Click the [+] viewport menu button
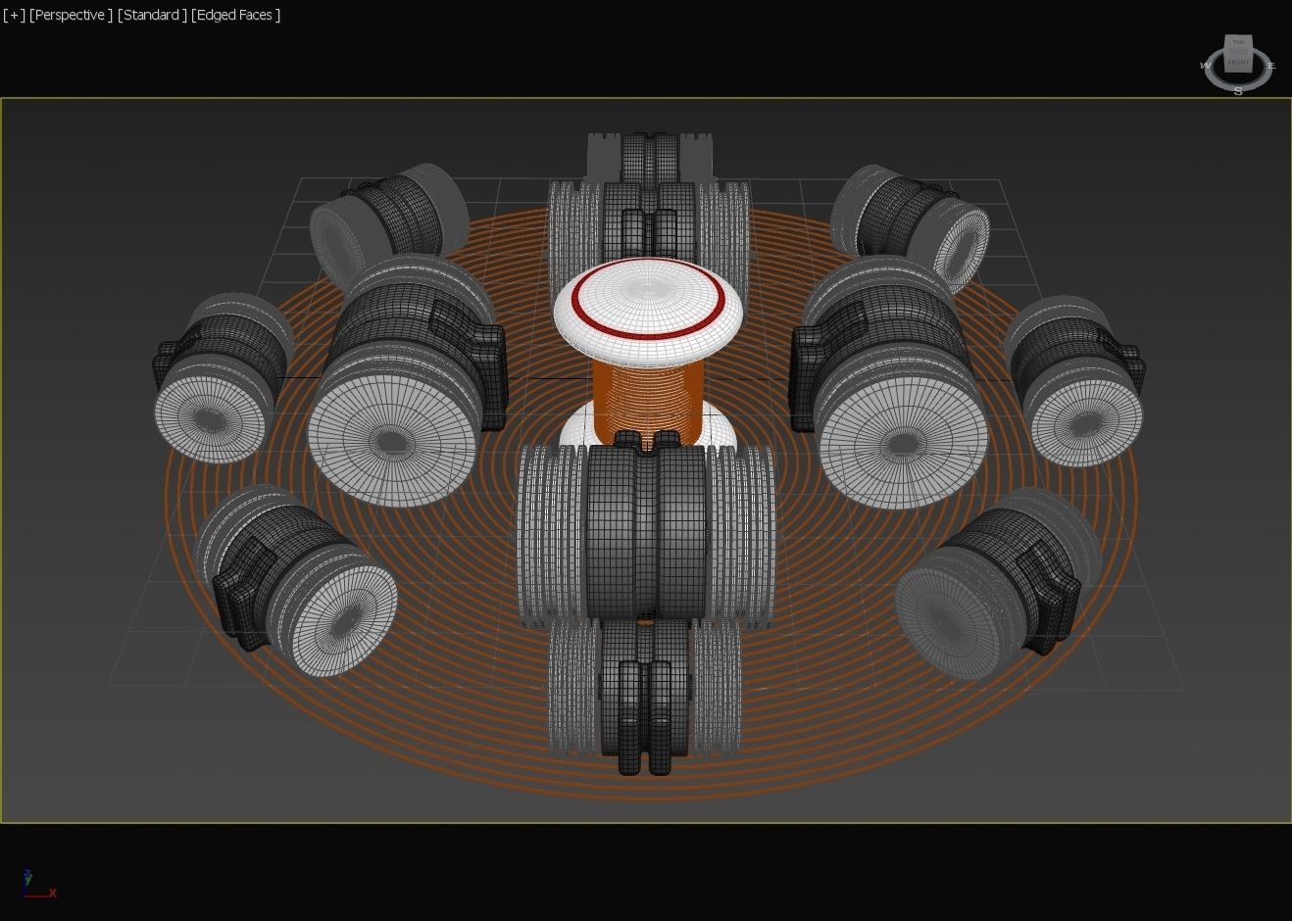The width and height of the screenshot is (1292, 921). (x=14, y=15)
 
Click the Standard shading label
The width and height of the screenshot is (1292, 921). (x=152, y=15)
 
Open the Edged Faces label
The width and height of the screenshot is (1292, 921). (x=236, y=15)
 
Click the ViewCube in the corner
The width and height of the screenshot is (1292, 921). (x=1238, y=56)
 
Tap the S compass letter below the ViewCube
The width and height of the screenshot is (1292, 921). (x=1238, y=91)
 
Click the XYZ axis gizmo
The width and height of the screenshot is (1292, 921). (x=37, y=885)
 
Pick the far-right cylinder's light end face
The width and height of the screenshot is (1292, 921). (x=1086, y=423)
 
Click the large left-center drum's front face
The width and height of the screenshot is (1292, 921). (x=392, y=442)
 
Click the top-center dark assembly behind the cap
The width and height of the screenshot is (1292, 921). (x=647, y=186)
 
